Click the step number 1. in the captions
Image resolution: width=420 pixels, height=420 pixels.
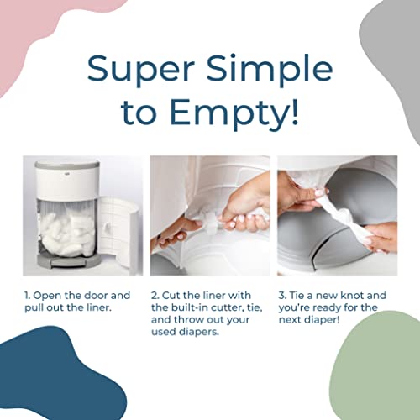click(x=29, y=296)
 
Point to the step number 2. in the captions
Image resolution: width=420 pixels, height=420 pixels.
click(x=156, y=296)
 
